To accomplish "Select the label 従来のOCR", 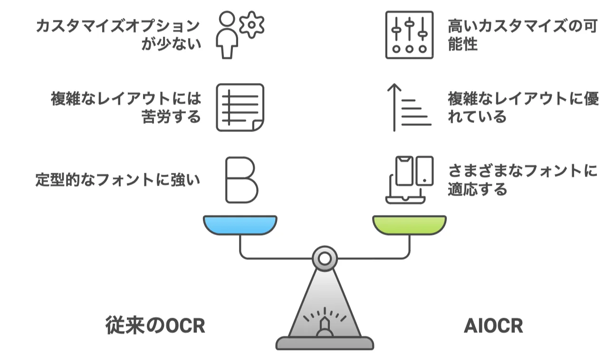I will [155, 326].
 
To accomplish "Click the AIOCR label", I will [493, 326].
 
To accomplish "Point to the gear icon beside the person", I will [251, 24].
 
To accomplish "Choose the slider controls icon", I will [409, 35].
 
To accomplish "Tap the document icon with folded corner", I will [240, 107].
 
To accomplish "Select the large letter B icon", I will [241, 180].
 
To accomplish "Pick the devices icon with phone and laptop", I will [409, 180].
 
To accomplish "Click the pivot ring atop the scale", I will [325, 258].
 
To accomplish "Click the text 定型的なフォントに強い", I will [118, 180].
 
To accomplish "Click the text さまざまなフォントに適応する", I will [522, 180].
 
